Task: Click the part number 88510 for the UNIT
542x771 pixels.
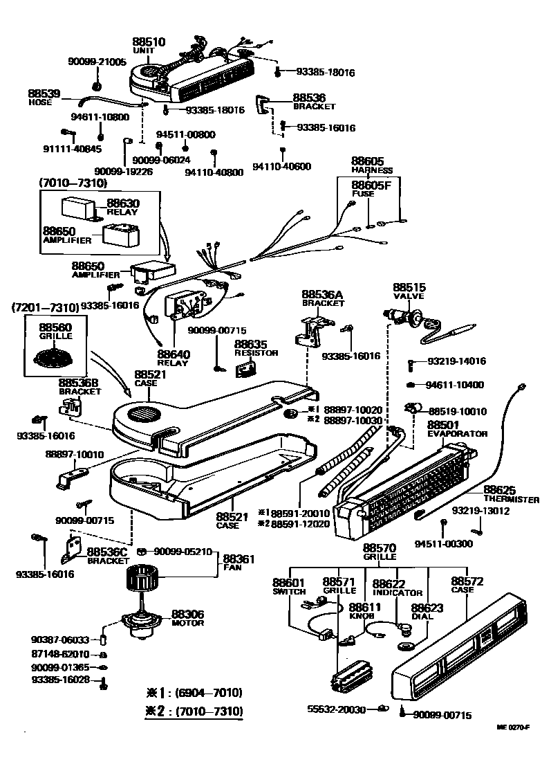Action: (x=149, y=42)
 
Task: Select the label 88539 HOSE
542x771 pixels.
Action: (x=44, y=96)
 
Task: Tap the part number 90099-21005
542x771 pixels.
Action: (x=97, y=62)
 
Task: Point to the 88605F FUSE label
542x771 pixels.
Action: (x=371, y=188)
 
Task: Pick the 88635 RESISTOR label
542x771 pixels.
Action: (x=255, y=347)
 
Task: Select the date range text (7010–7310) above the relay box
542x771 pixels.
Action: (x=73, y=183)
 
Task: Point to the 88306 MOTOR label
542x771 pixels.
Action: (x=187, y=617)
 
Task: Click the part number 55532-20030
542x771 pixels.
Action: (x=337, y=709)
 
